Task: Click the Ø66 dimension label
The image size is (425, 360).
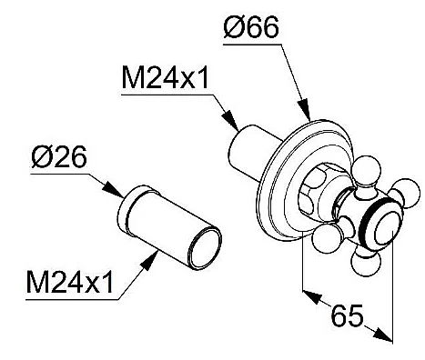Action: pos(251,27)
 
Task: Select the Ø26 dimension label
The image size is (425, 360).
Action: pos(59,157)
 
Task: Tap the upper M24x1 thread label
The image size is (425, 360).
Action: pos(165,78)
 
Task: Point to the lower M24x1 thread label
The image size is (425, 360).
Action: pos(70,283)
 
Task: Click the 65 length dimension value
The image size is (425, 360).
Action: pos(347,315)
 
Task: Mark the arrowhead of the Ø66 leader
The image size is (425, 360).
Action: pos(304,109)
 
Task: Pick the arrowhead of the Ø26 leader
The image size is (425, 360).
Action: pos(112,190)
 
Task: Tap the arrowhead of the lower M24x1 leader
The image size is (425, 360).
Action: pos(149,260)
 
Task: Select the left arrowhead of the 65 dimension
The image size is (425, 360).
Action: pos(311,296)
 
